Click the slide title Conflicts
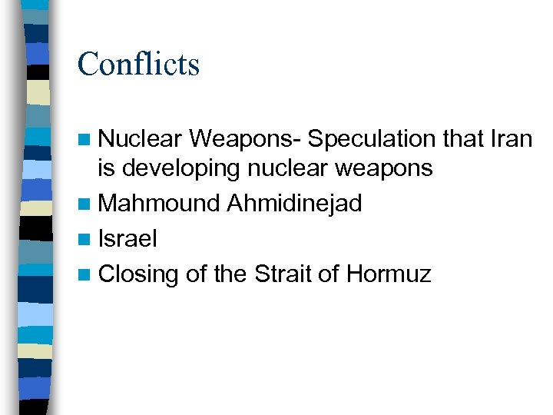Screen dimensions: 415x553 point(138,63)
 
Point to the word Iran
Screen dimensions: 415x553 point(510,139)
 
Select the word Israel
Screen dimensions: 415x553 point(127,238)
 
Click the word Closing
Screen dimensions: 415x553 point(138,274)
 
